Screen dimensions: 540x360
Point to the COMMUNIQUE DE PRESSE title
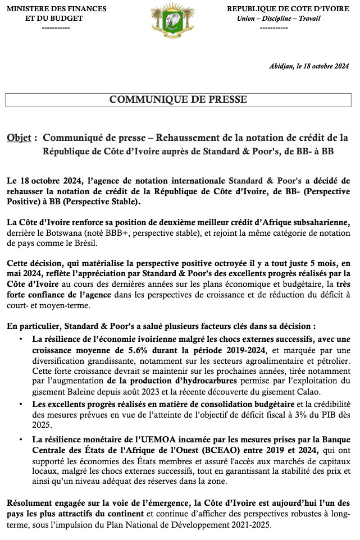coord(178,100)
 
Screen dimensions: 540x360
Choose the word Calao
coord(289,391)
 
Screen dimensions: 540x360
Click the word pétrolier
coord(331,360)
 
